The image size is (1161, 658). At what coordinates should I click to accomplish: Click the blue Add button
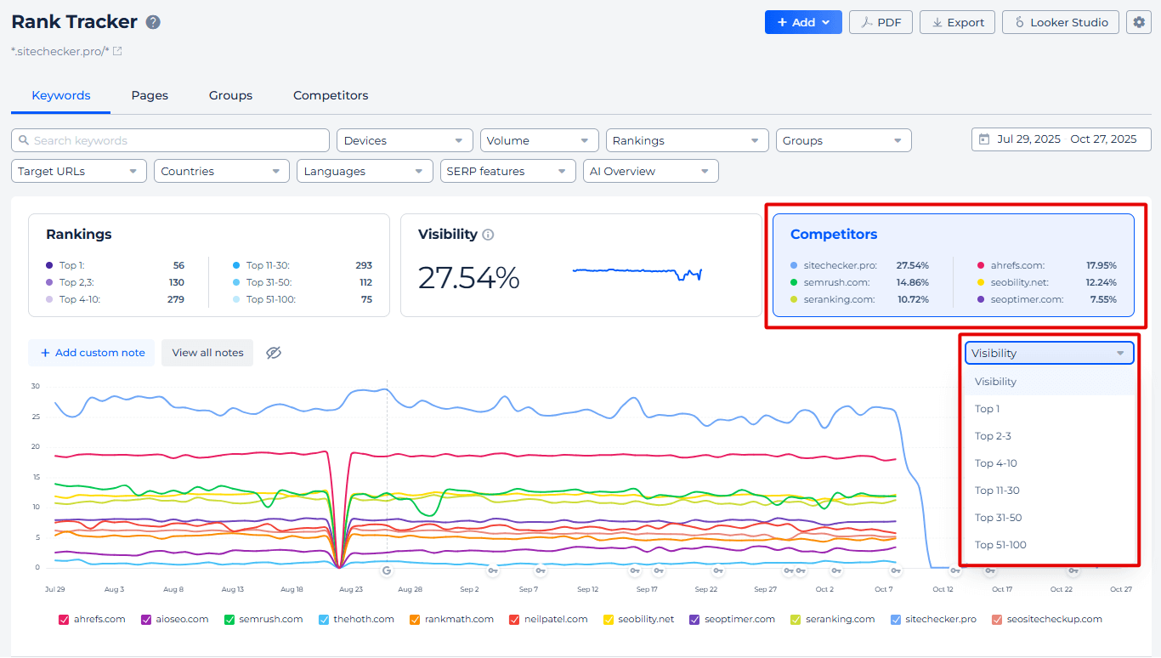coord(802,22)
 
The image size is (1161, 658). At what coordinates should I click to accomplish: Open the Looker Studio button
coord(1060,22)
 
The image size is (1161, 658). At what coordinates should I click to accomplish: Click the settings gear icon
coord(1139,22)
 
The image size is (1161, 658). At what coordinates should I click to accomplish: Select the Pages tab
coord(150,95)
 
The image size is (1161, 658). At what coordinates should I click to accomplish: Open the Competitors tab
coord(331,95)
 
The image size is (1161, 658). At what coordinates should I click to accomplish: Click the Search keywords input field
coord(170,140)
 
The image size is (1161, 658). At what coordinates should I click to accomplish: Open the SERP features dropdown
coord(507,171)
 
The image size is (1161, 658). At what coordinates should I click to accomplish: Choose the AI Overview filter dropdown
coord(650,171)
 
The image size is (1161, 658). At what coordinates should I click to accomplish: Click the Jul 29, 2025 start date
coord(1028,139)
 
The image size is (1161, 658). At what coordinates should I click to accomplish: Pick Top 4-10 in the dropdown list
coord(996,463)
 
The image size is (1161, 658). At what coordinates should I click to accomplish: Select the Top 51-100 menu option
coord(1000,545)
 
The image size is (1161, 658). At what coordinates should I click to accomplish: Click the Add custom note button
coord(92,353)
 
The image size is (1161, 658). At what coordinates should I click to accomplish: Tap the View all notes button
coord(207,353)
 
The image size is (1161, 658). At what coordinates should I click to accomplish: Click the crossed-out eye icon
coord(273,353)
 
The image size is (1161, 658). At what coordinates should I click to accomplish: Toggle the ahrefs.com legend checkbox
coord(64,620)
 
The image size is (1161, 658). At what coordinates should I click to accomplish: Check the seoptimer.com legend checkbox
coord(694,620)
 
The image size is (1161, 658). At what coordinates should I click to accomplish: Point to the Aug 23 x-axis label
coord(350,589)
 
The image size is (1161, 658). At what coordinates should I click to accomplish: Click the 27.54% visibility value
coord(468,278)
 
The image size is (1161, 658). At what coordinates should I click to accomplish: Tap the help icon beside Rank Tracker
coord(153,22)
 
